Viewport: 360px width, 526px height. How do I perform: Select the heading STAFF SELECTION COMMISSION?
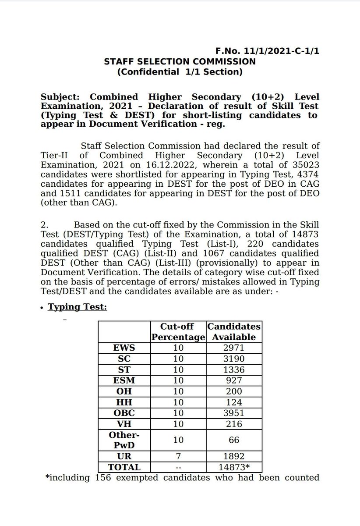[x=180, y=62]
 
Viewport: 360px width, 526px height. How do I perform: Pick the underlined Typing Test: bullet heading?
[x=77, y=307]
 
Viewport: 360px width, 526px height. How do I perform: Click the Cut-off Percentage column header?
[x=178, y=332]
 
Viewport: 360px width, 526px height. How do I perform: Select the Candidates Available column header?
[x=233, y=332]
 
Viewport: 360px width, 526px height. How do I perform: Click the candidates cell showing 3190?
[x=233, y=359]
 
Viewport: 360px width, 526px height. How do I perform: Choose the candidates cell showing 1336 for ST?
[x=233, y=370]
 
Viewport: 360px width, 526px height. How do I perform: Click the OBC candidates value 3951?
[x=233, y=413]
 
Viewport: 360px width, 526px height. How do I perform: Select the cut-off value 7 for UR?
[x=178, y=456]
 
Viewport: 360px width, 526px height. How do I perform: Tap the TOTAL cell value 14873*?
[x=233, y=467]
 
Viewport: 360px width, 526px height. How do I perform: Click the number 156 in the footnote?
[x=104, y=477]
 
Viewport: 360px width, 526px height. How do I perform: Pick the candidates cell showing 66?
[x=233, y=440]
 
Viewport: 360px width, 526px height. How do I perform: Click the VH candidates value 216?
[x=233, y=424]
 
